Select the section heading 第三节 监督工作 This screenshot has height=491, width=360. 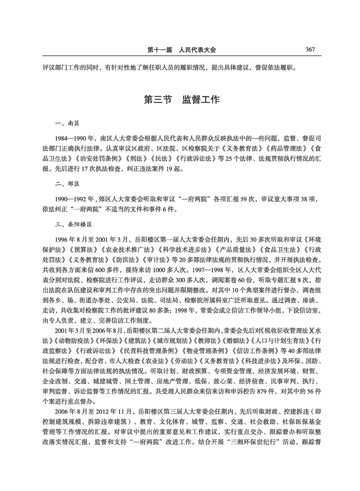pos(181,99)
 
